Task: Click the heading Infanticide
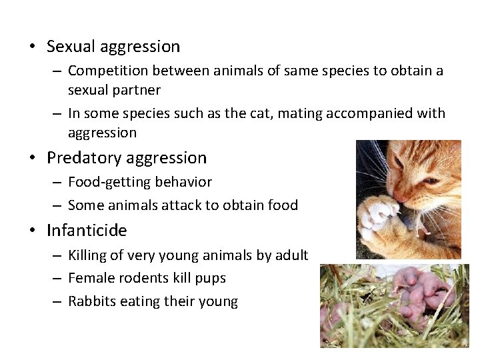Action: [87, 231]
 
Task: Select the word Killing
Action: [89, 255]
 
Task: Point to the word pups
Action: [210, 278]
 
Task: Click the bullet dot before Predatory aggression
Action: [32, 159]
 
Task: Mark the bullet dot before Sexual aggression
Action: [32, 47]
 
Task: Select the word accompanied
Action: [370, 113]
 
